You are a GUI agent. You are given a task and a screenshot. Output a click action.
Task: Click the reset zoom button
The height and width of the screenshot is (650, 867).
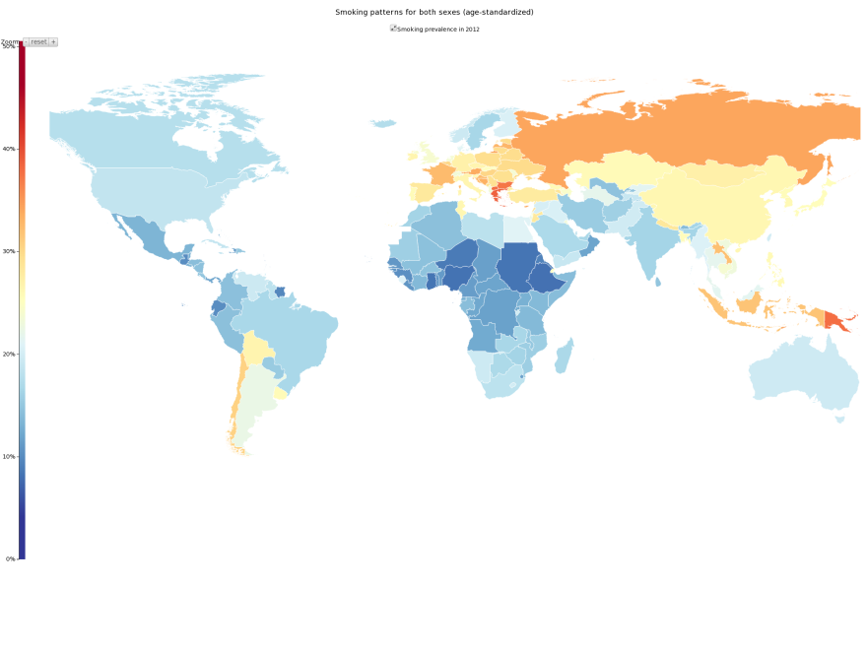click(38, 42)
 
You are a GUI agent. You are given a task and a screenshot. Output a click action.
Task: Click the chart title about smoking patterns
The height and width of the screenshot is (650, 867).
click(434, 12)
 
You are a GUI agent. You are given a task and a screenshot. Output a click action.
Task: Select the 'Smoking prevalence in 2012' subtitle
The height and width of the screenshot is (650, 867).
click(437, 30)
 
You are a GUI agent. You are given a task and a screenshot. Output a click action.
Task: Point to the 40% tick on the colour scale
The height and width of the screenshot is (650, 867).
click(9, 149)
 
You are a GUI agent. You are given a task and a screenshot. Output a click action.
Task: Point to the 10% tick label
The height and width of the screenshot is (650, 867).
click(9, 456)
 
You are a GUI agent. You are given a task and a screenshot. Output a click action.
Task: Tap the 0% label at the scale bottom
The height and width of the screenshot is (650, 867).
click(10, 558)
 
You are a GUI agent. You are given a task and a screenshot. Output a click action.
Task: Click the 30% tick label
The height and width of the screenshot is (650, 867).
click(9, 251)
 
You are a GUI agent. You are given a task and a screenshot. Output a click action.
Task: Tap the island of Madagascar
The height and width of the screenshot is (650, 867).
click(564, 356)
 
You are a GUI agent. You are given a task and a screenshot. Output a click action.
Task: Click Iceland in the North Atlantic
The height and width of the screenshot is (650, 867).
click(384, 124)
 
